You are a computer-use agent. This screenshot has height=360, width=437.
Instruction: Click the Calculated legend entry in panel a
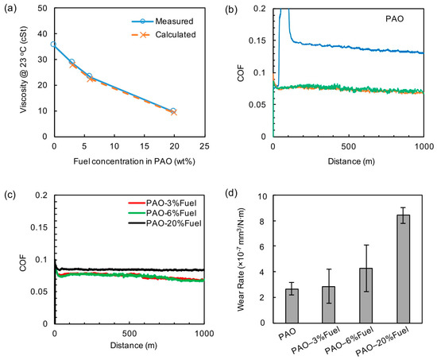click(168, 37)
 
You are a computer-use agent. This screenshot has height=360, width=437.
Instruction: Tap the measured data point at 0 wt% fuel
click(53, 45)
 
